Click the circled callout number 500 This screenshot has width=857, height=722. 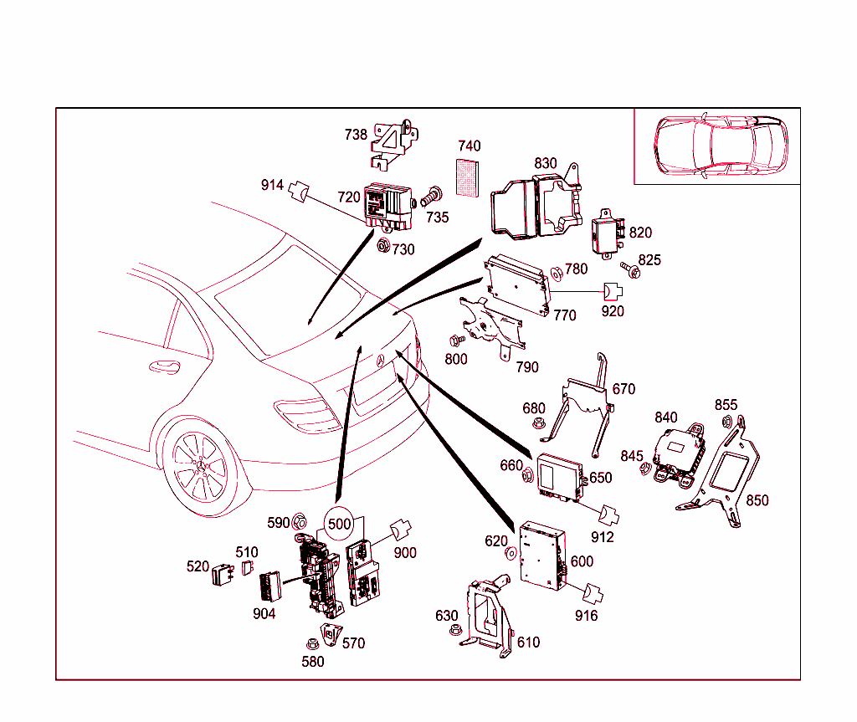tap(339, 525)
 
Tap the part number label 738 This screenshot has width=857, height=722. tap(356, 135)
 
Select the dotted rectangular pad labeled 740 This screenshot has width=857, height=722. tap(469, 176)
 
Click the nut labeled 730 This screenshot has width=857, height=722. tap(383, 245)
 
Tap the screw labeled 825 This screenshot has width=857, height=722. tap(630, 269)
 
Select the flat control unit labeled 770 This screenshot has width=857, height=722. tap(517, 281)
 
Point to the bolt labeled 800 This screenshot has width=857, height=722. tap(456, 341)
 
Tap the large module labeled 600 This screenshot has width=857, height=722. tap(542, 552)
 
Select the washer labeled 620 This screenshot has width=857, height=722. tap(509, 554)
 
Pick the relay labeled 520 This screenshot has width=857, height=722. tap(222, 576)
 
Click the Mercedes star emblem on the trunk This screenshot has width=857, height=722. tap(380, 361)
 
